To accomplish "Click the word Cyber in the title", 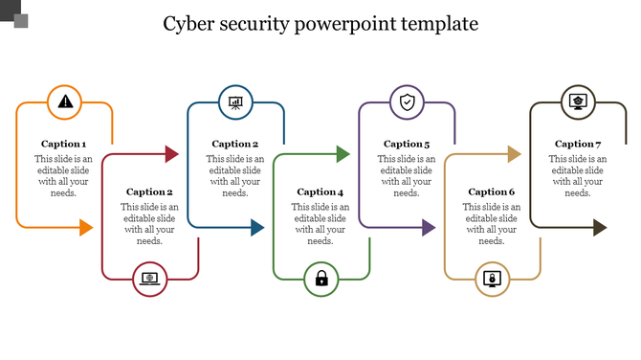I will [x=189, y=23].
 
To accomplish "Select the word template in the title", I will [x=435, y=23].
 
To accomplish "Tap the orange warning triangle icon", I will [x=64, y=101].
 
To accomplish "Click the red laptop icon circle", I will [x=150, y=279].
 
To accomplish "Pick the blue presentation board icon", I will [x=235, y=101].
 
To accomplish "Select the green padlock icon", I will [x=321, y=279].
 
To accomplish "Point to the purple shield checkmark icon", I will [x=407, y=101].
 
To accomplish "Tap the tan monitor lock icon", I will [x=493, y=279].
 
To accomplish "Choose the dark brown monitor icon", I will [x=578, y=101].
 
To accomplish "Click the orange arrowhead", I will [x=85, y=228].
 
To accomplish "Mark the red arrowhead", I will [x=171, y=153].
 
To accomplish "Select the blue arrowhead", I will [x=256, y=228].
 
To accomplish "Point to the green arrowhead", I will [x=343, y=153].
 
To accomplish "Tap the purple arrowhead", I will [x=428, y=228].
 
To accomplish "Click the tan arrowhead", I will [x=514, y=153].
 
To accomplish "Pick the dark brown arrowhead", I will [x=599, y=228].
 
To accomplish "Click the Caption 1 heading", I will [x=63, y=144].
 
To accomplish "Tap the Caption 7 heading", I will [x=578, y=144].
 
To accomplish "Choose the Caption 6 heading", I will [x=492, y=191].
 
